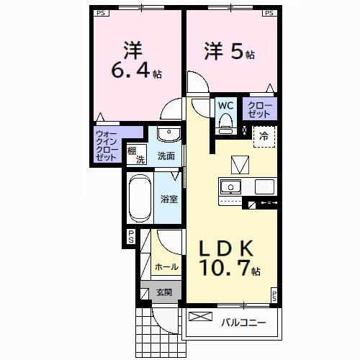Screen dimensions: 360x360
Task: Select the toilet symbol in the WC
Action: tap(225, 122)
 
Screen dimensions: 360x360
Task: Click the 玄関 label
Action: tap(164, 292)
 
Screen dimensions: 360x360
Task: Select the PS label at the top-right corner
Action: tap(269, 12)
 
